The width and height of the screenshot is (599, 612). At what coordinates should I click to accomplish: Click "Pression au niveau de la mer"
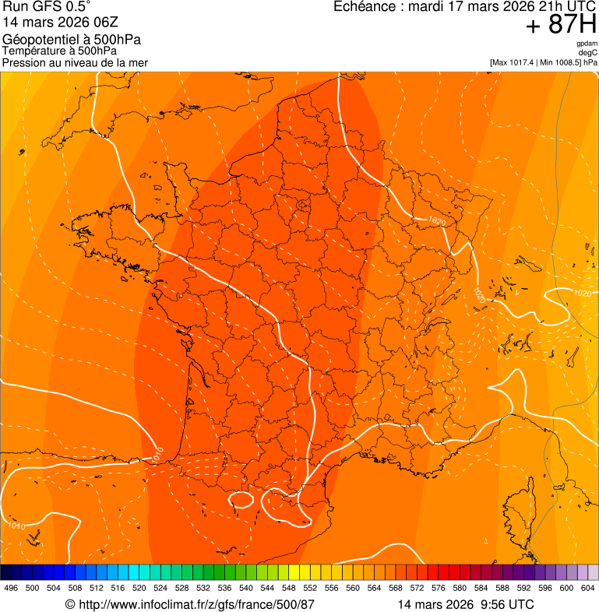(75, 62)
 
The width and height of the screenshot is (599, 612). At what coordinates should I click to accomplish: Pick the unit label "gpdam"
(587, 44)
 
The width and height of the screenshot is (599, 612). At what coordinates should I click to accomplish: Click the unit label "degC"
(588, 53)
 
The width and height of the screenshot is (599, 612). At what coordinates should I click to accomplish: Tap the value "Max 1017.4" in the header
(515, 62)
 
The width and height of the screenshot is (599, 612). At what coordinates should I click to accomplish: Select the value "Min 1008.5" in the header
(559, 62)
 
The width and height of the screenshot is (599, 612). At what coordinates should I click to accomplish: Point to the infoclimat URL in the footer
(197, 604)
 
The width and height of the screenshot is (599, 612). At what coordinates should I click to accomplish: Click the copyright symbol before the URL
(70, 604)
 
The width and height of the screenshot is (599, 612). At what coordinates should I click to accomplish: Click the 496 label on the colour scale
(11, 588)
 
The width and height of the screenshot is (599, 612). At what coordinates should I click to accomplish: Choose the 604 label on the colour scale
(588, 588)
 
